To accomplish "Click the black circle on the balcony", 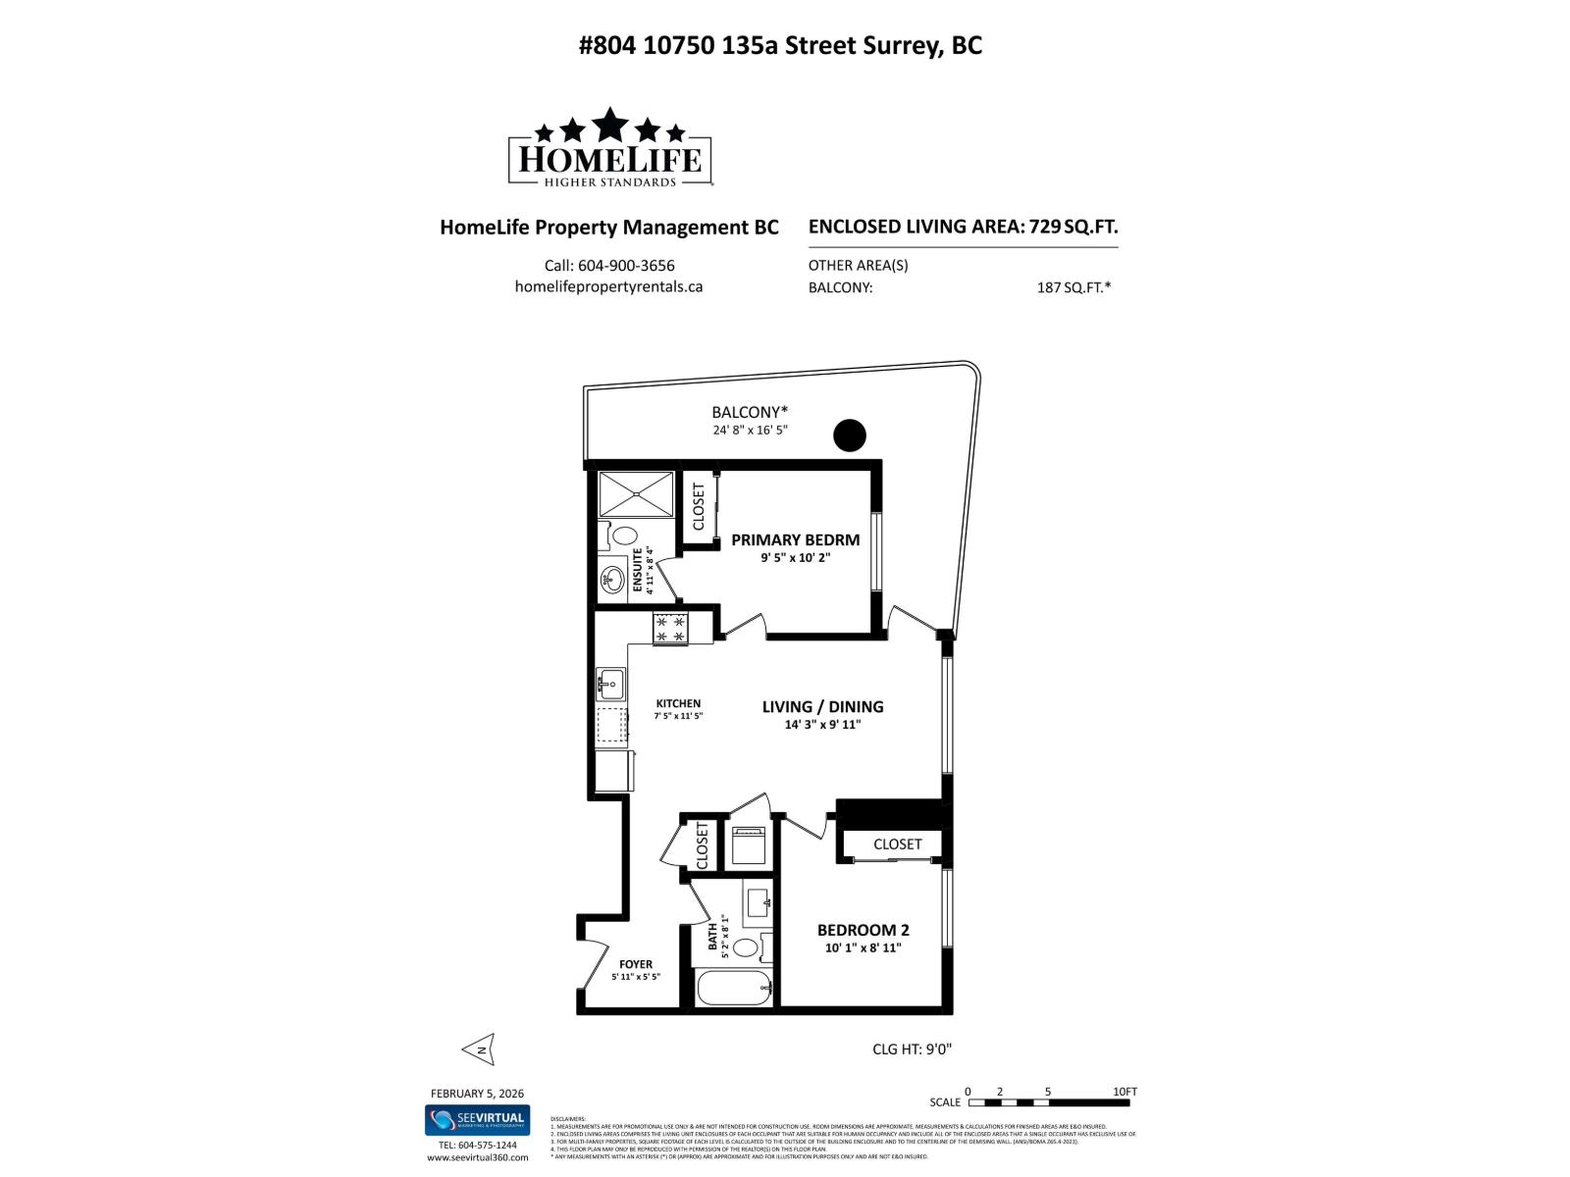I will (x=850, y=435).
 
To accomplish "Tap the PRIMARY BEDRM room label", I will (x=795, y=539).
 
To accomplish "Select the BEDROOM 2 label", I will (x=863, y=930).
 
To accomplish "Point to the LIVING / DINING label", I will (x=822, y=706).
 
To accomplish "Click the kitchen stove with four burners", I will (x=670, y=629).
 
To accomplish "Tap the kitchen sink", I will (x=610, y=683).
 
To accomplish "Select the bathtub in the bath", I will (x=733, y=987).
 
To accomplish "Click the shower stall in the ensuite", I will (x=636, y=493).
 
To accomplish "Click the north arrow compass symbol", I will (x=479, y=1049).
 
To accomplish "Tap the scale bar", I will (x=1048, y=1102).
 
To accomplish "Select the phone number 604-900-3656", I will (x=609, y=266).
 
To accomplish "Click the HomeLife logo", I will (x=609, y=148).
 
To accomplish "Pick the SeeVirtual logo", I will (x=477, y=1120).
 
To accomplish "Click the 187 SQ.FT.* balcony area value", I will (x=1073, y=287).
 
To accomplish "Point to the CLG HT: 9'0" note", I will (x=912, y=1049).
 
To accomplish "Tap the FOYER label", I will (x=636, y=964).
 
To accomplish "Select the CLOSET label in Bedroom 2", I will (x=897, y=844).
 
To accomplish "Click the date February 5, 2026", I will (x=477, y=1094).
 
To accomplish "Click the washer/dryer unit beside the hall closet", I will (x=749, y=845).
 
